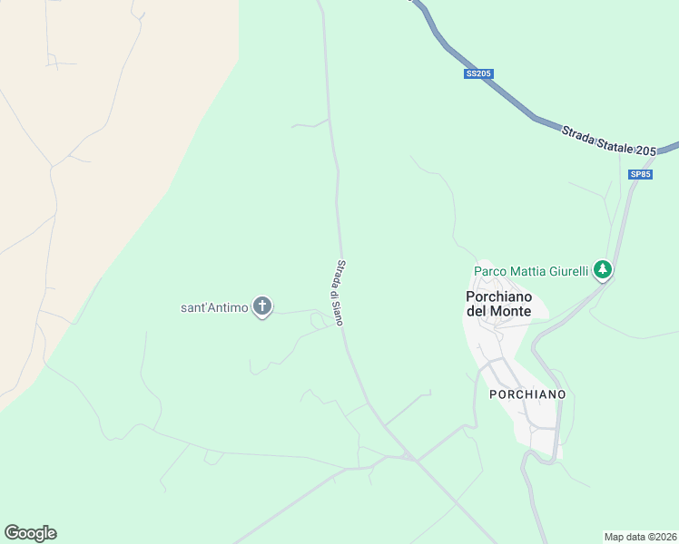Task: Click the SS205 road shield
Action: coord(478,73)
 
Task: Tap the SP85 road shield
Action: coord(641,174)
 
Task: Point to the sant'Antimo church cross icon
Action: coord(262,307)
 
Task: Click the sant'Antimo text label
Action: coord(214,308)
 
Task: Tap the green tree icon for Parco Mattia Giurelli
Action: coord(602,269)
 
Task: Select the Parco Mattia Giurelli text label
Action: coord(531,270)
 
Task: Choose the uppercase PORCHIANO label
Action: coord(527,394)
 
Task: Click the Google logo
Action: coord(31,533)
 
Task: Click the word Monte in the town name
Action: coord(511,312)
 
